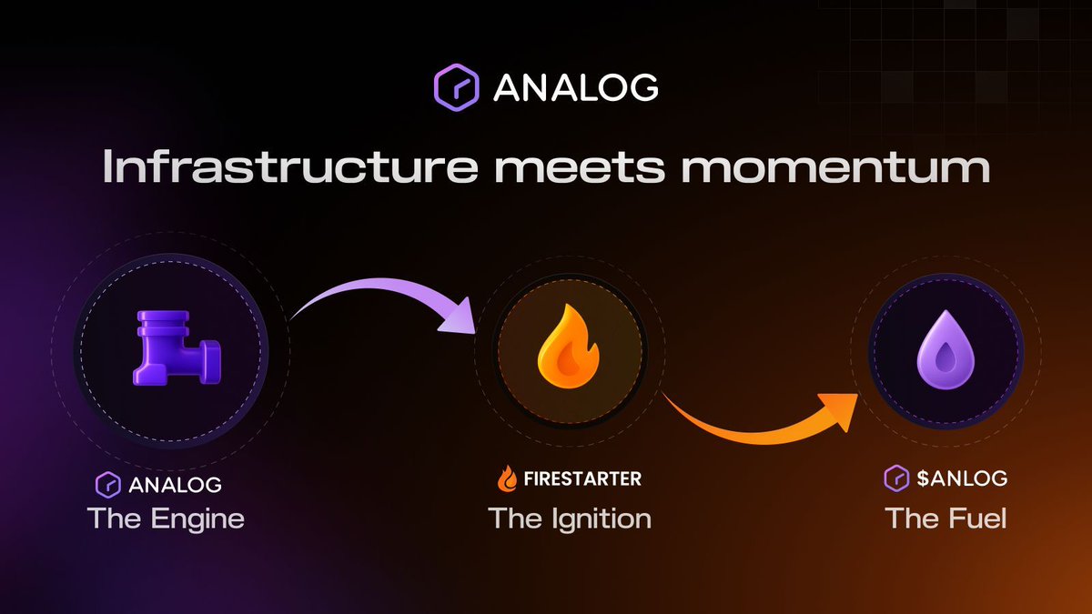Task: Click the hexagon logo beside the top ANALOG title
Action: [456, 86]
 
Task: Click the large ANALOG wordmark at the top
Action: [575, 87]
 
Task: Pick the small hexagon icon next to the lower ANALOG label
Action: [108, 484]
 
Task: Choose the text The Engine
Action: [166, 519]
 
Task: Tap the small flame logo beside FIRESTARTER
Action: [507, 478]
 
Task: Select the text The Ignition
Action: [570, 519]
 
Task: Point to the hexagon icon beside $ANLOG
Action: [895, 478]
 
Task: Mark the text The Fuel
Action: [945, 519]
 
